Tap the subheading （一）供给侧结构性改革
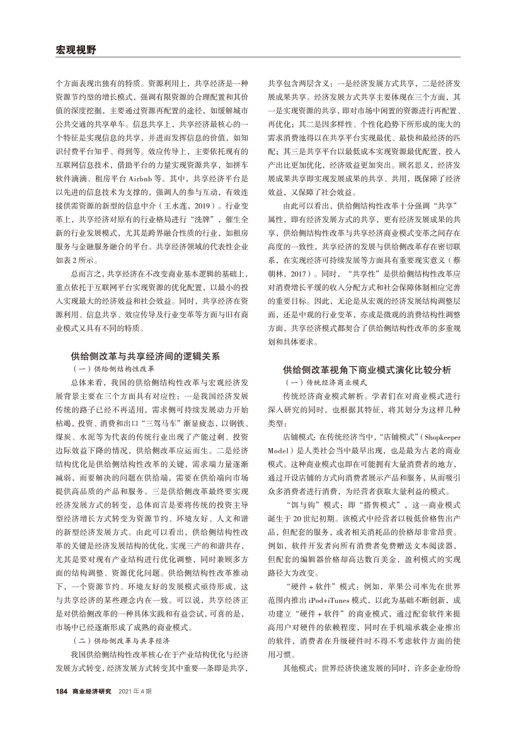(x=114, y=369)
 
